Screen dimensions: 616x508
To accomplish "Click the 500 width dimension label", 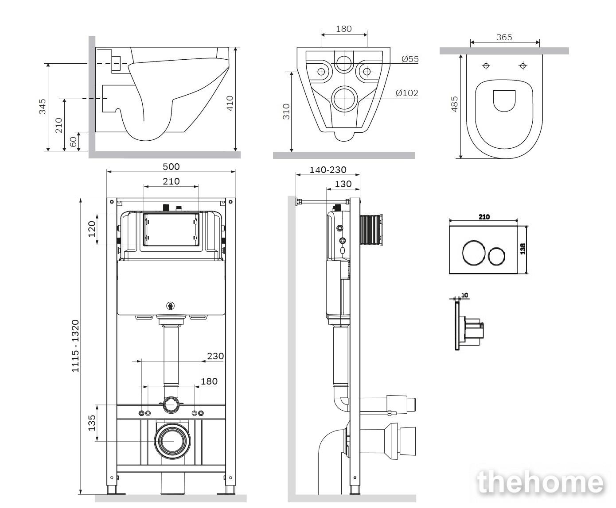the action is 171,167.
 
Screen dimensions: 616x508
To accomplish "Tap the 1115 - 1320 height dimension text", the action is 75,346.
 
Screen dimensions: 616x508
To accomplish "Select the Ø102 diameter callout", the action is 407,93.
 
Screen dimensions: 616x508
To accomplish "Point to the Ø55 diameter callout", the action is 410,59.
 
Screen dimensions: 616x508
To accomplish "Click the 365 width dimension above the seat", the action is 504,38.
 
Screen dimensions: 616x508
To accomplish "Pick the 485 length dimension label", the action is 455,104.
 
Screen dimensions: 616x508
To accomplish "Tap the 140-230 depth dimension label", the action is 328,170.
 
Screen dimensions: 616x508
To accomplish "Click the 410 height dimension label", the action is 230,104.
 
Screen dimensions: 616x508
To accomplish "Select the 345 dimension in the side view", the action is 43,107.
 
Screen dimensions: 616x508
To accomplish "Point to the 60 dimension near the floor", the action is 73,142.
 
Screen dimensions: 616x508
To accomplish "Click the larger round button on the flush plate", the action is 473,253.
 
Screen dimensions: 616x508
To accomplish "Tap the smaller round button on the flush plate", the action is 496,256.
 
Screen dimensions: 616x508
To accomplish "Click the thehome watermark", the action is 541,482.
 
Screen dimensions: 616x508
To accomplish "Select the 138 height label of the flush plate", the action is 523,249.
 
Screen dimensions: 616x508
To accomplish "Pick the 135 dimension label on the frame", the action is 92,423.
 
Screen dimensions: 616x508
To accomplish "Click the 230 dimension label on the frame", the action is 215,356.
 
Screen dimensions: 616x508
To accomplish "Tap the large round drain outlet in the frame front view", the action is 172,441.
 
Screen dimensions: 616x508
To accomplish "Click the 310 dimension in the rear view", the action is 286,112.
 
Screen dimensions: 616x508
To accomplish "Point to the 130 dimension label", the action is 343,184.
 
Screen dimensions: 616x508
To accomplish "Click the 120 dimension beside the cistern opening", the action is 92,229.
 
